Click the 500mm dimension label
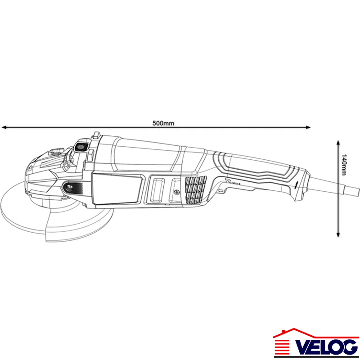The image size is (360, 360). [x=163, y=123]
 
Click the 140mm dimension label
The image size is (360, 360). [x=344, y=165]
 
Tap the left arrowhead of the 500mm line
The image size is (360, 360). [x=4, y=127]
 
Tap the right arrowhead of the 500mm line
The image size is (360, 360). [x=308, y=127]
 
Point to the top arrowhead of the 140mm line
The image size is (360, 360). [x=338, y=142]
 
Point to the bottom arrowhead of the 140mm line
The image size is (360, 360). [x=338, y=234]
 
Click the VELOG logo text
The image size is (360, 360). [x=326, y=346]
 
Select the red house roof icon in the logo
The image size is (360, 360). [x=316, y=333]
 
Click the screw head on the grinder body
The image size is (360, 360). [x=176, y=192]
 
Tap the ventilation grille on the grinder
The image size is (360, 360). [x=196, y=189]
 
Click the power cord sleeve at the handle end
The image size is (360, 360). [x=334, y=186]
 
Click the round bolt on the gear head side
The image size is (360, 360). [x=69, y=187]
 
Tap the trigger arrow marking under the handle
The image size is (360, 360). [x=221, y=190]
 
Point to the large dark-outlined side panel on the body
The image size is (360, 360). [x=117, y=188]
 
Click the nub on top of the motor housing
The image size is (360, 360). [x=96, y=135]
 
